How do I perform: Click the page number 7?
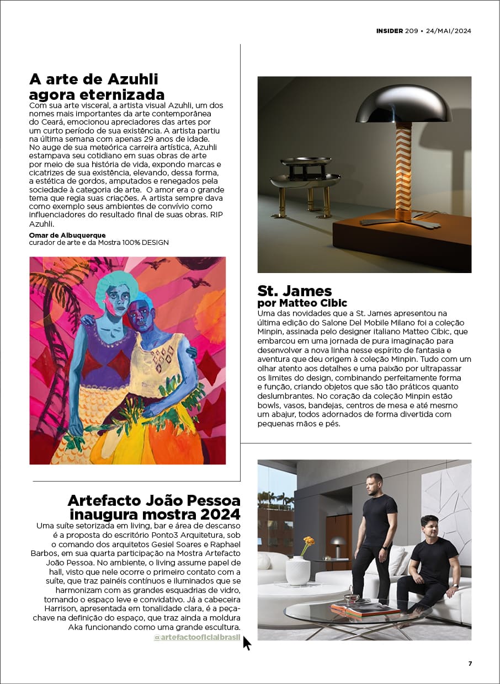(470, 664)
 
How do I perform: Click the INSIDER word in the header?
(390, 31)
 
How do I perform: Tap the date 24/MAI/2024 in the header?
(449, 31)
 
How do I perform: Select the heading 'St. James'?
(295, 291)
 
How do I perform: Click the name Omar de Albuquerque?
(67, 236)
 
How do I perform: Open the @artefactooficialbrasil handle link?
(197, 638)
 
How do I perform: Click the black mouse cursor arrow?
(246, 643)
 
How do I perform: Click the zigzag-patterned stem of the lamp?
(403, 171)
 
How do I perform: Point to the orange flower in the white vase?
(308, 542)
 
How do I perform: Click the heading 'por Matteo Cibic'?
(302, 303)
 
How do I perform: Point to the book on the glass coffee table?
(364, 609)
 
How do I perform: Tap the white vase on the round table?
(299, 570)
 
